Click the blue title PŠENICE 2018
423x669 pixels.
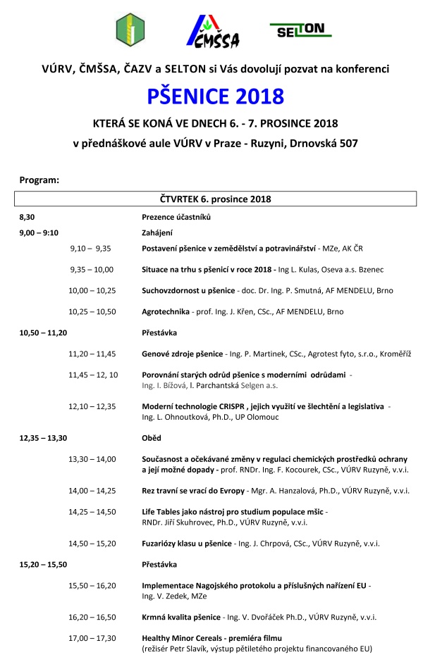[x=215, y=95]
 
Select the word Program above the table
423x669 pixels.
[x=39, y=180]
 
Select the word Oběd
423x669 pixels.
[x=152, y=437]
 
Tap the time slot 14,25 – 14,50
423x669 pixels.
[x=92, y=511]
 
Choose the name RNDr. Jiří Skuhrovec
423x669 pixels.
[x=176, y=523]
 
